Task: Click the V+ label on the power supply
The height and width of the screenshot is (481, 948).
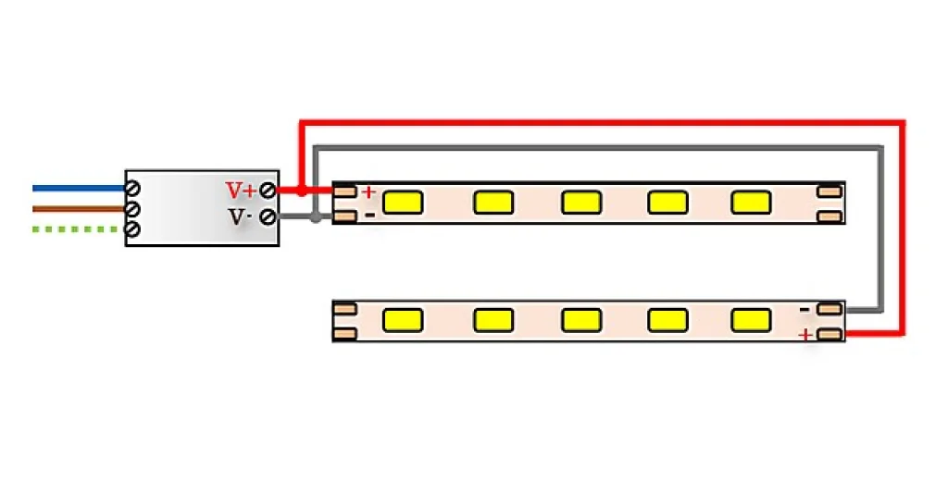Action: (242, 191)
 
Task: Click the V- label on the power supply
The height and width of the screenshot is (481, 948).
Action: (240, 217)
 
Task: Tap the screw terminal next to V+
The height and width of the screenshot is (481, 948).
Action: (268, 191)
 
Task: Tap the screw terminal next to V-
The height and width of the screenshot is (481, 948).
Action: (268, 217)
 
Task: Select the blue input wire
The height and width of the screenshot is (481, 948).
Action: (80, 189)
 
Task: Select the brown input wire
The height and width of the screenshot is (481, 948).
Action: (80, 209)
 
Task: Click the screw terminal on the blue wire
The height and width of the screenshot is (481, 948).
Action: (133, 189)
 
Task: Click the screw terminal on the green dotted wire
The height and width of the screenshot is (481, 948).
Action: (133, 229)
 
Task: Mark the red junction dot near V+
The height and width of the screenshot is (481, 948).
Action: (302, 191)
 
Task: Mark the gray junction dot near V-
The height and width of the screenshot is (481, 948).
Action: (316, 217)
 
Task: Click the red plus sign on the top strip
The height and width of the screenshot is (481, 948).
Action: (368, 192)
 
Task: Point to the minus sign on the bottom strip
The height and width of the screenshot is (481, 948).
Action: (805, 310)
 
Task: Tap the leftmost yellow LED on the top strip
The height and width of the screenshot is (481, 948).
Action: (403, 203)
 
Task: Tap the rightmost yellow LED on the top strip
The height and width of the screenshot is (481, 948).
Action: (751, 203)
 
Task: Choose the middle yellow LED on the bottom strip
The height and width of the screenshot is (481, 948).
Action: (581, 320)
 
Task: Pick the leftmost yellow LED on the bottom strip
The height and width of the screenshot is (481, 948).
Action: (403, 320)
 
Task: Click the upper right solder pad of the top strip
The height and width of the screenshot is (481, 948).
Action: (829, 191)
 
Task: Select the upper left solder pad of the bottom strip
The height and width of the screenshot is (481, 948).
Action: (344, 309)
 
